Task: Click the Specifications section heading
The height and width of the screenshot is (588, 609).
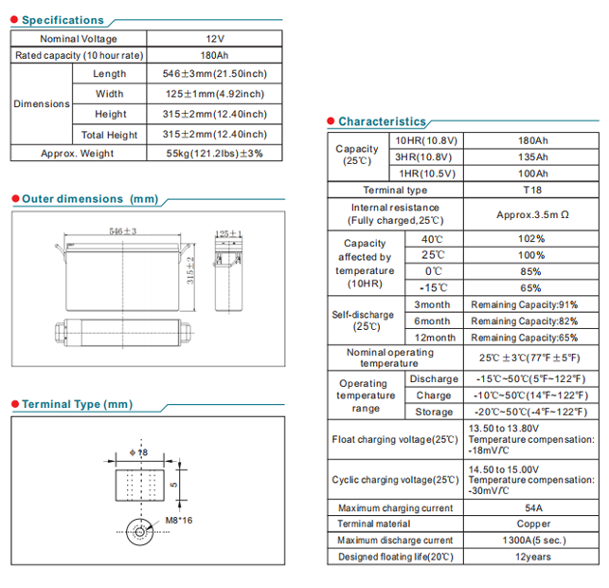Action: tap(63, 20)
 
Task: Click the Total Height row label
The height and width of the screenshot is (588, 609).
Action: tap(110, 135)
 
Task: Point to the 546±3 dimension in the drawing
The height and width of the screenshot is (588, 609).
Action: tap(123, 231)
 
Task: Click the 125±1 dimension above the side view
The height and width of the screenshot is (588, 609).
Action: tap(228, 232)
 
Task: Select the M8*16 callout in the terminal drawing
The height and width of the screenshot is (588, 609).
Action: tap(179, 521)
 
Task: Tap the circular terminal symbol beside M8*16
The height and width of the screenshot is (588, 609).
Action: tap(140, 531)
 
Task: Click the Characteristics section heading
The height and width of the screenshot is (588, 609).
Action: tap(382, 121)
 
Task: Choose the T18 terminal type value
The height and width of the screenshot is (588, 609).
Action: tap(533, 190)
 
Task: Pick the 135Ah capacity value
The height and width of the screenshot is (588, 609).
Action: tap(533, 156)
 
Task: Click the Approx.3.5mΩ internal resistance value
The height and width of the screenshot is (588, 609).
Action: tap(533, 214)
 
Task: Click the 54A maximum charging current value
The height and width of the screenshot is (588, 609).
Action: tap(533, 508)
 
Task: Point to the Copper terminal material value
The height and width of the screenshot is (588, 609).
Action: tap(533, 524)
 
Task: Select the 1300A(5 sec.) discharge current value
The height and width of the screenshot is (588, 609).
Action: tap(533, 541)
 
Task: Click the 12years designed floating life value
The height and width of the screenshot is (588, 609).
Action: tap(533, 557)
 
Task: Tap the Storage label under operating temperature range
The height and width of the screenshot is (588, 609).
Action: tap(434, 412)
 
